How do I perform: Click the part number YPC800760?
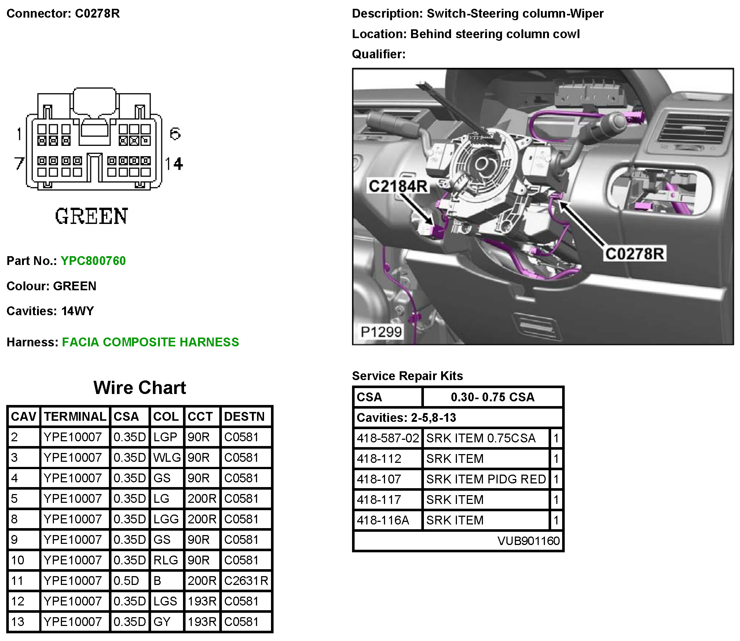tap(93, 261)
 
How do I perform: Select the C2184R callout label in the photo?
tap(398, 186)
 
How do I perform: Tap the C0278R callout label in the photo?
tap(634, 254)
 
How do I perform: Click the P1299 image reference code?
tap(381, 332)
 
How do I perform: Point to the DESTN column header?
tap(244, 416)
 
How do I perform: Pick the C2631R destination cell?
tap(246, 581)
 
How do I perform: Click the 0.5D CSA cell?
tap(126, 581)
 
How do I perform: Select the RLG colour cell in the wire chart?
tap(165, 560)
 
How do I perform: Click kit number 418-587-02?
tap(388, 438)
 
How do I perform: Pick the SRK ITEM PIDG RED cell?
tap(486, 479)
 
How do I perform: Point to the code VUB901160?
tap(528, 541)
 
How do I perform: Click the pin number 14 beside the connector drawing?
tap(174, 163)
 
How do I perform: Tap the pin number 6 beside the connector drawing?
tap(175, 134)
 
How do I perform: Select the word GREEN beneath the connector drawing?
tap(92, 216)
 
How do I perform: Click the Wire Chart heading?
tap(140, 387)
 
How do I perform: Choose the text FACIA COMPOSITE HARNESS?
tap(150, 342)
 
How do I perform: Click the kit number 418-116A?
tap(383, 520)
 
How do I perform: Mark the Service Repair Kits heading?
tap(407, 376)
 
